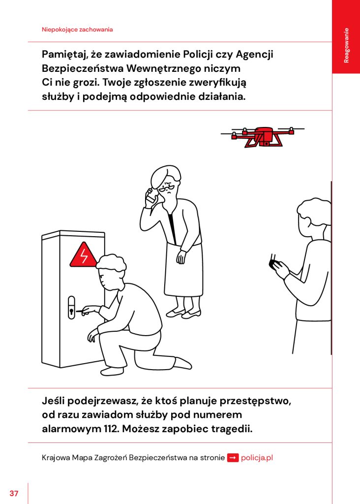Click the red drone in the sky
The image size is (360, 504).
tap(263, 136)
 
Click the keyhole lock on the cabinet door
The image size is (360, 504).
tap(71, 308)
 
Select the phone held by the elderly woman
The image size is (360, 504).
tap(150, 196)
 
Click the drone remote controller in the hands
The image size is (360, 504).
tap(273, 263)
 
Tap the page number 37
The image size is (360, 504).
tap(14, 493)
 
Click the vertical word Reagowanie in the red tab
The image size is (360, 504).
tap(346, 45)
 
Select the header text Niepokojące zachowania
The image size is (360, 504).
tap(77, 30)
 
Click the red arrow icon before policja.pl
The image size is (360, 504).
tap(233, 457)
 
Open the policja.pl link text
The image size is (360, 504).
tap(257, 457)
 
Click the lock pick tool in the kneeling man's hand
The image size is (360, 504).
tap(82, 311)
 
